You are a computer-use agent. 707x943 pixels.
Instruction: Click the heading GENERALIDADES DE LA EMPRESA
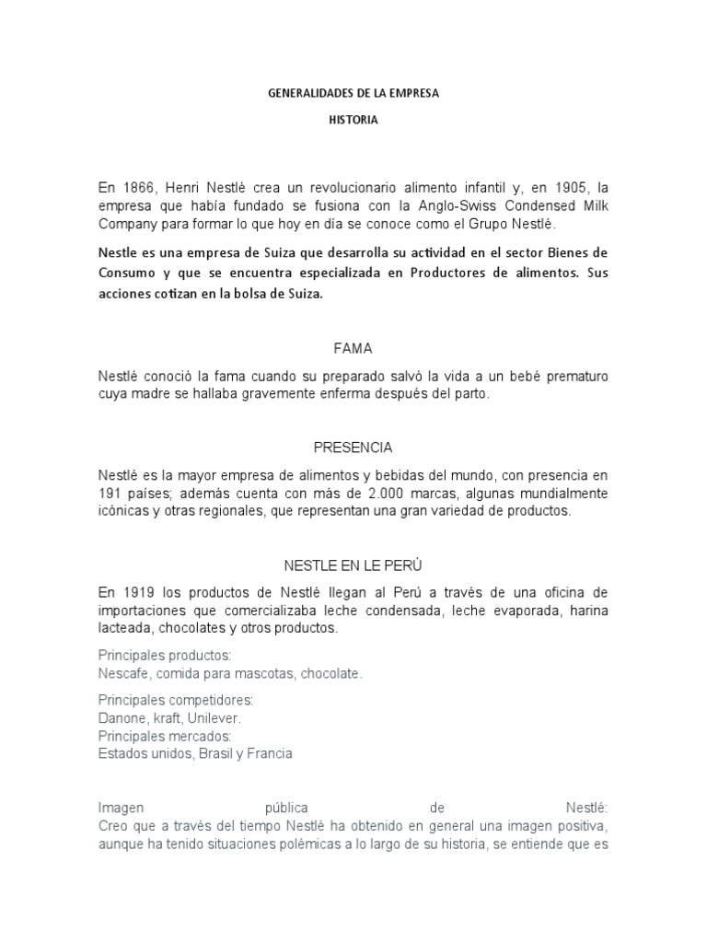coord(353,94)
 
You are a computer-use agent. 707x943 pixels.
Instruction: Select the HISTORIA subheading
coord(353,120)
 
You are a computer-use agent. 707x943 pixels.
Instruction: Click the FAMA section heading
coord(353,349)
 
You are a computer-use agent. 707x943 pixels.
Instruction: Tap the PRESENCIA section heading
coord(353,448)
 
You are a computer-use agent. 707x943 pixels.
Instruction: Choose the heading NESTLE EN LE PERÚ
coord(353,564)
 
